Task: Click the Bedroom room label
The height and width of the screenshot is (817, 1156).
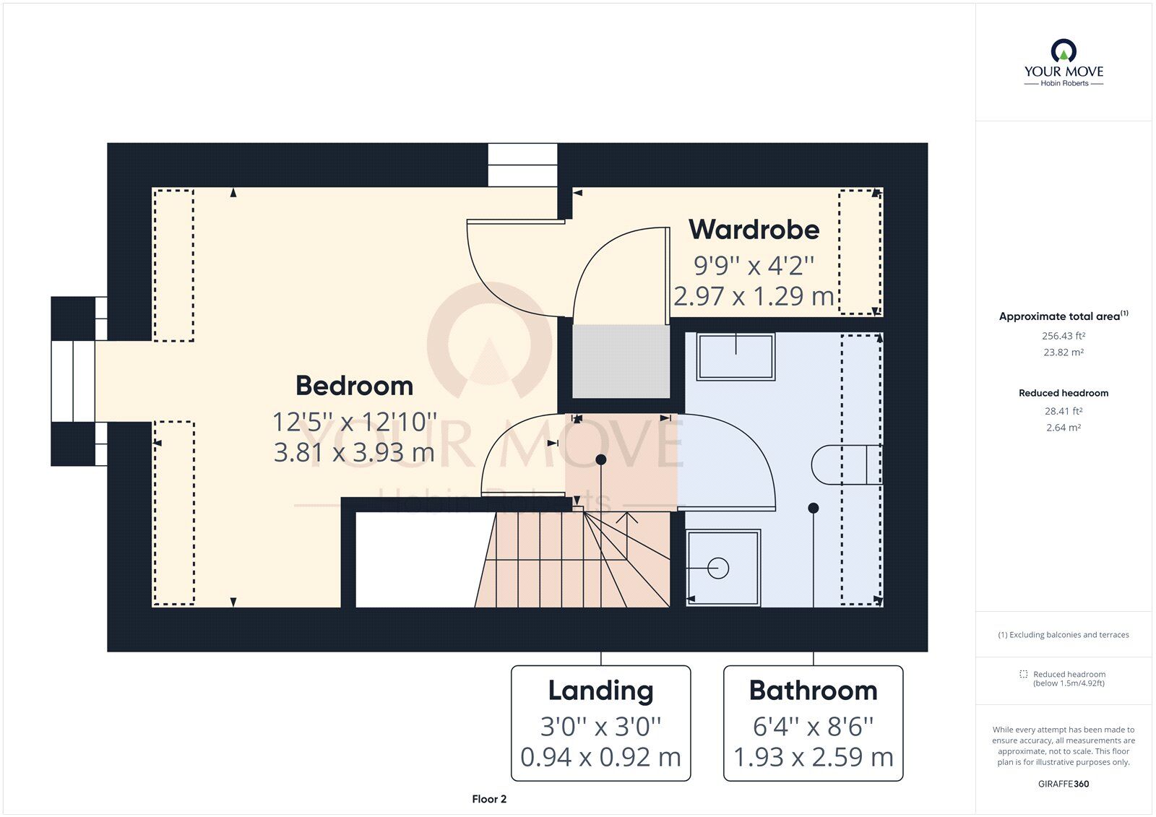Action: tap(354, 386)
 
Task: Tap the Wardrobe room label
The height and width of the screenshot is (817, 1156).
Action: tap(754, 230)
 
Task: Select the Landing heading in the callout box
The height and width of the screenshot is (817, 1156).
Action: tap(600, 691)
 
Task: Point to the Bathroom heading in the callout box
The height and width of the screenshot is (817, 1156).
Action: tap(814, 691)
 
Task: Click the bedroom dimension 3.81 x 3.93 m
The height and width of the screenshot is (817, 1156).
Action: tap(354, 453)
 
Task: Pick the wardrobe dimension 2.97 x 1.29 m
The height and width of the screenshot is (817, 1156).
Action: tap(754, 296)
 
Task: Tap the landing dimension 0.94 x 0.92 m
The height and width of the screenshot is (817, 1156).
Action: tap(600, 757)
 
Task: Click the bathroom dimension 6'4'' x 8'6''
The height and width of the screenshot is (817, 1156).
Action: tap(814, 727)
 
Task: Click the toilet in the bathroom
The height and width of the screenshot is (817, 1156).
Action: tap(847, 464)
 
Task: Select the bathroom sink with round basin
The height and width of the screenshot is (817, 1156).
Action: tap(723, 568)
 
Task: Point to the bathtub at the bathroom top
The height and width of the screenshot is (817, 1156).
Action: tap(736, 357)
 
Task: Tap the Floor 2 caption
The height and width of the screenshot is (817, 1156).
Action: tap(489, 799)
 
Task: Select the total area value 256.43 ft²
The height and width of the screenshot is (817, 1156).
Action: tap(1063, 336)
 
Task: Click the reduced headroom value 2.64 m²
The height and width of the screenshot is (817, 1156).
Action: tap(1063, 428)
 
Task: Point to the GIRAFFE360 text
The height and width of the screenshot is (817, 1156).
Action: tap(1063, 784)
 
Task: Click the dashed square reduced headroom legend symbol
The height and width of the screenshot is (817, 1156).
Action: tap(1023, 674)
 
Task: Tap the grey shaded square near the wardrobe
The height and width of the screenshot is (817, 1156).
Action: tap(621, 361)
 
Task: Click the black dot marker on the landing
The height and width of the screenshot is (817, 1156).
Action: tap(600, 459)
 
